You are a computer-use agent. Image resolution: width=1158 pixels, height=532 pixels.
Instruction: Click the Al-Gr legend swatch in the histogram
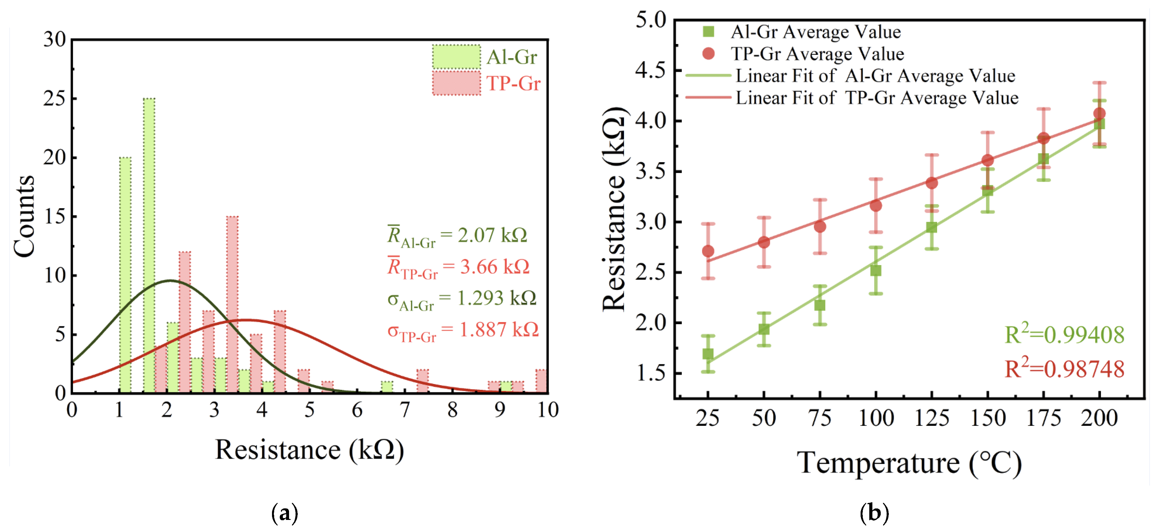click(x=456, y=57)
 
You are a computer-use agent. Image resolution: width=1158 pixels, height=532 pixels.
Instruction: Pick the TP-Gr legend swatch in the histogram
click(x=456, y=83)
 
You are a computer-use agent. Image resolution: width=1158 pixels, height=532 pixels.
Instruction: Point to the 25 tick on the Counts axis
click(x=55, y=99)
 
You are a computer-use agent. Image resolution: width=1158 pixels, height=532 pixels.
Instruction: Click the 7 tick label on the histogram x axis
click(x=405, y=410)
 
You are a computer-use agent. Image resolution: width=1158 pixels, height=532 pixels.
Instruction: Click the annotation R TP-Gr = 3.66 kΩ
click(x=458, y=267)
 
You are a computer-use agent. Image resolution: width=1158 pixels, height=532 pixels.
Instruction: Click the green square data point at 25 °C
click(x=708, y=354)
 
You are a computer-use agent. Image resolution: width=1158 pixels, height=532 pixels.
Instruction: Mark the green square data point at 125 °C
click(x=932, y=227)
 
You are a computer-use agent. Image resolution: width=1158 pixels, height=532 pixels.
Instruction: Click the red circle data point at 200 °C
click(x=1099, y=113)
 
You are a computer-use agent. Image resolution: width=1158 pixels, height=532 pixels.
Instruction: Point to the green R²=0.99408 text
click(x=1064, y=334)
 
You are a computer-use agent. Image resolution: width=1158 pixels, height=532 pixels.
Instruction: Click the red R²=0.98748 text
click(x=1064, y=369)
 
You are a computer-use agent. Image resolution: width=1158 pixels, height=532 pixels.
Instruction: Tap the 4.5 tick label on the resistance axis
click(x=650, y=71)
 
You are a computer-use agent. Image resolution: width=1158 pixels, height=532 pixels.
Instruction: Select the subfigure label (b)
click(x=874, y=513)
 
